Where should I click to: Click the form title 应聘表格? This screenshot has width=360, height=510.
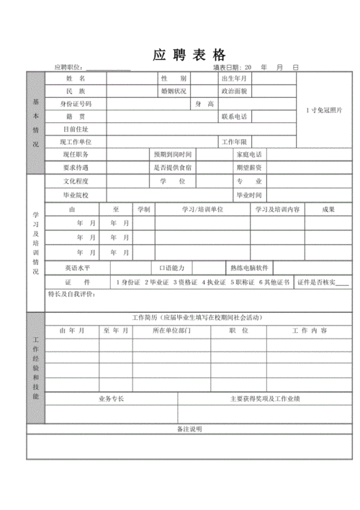pos(190,55)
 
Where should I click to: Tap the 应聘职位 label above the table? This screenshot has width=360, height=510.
pos(70,68)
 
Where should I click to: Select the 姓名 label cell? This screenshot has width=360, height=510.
pos(76,78)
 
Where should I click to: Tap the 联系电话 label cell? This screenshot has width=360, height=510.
pos(234,117)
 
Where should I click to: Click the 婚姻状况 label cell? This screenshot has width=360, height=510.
pos(174,91)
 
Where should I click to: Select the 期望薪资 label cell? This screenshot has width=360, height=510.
pos(248,167)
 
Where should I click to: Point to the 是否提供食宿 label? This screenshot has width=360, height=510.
pos(171,167)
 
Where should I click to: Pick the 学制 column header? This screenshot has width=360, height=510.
pos(144,209)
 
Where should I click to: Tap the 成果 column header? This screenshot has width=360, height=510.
pos(328,209)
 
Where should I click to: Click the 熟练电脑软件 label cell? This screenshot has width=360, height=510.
pos(249,267)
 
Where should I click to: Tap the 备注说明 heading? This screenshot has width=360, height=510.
pos(189,429)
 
